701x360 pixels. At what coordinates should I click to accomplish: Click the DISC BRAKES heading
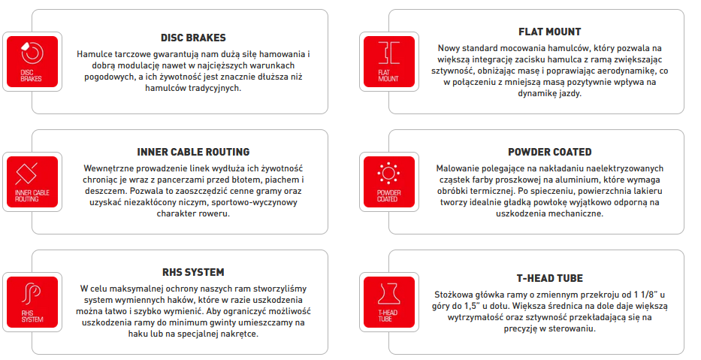[x=193, y=38]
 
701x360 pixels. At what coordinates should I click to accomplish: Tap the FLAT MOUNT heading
[x=549, y=32]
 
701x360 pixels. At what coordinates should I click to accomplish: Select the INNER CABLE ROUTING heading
[x=193, y=152]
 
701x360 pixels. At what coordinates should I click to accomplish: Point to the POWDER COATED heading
[x=549, y=152]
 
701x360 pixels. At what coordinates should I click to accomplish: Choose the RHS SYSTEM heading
[x=193, y=272]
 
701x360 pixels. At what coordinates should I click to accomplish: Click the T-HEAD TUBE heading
[x=549, y=278]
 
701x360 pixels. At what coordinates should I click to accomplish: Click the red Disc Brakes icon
[x=32, y=62]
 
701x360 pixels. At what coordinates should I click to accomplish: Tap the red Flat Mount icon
[x=389, y=62]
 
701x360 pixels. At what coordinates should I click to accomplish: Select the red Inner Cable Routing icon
[x=32, y=182]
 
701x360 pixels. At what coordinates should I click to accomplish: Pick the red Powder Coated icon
[x=389, y=182]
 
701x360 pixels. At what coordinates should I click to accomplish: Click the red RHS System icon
[x=32, y=302]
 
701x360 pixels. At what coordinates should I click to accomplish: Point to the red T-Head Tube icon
[x=389, y=302]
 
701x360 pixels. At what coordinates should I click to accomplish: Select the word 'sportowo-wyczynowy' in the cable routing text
[x=255, y=203]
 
